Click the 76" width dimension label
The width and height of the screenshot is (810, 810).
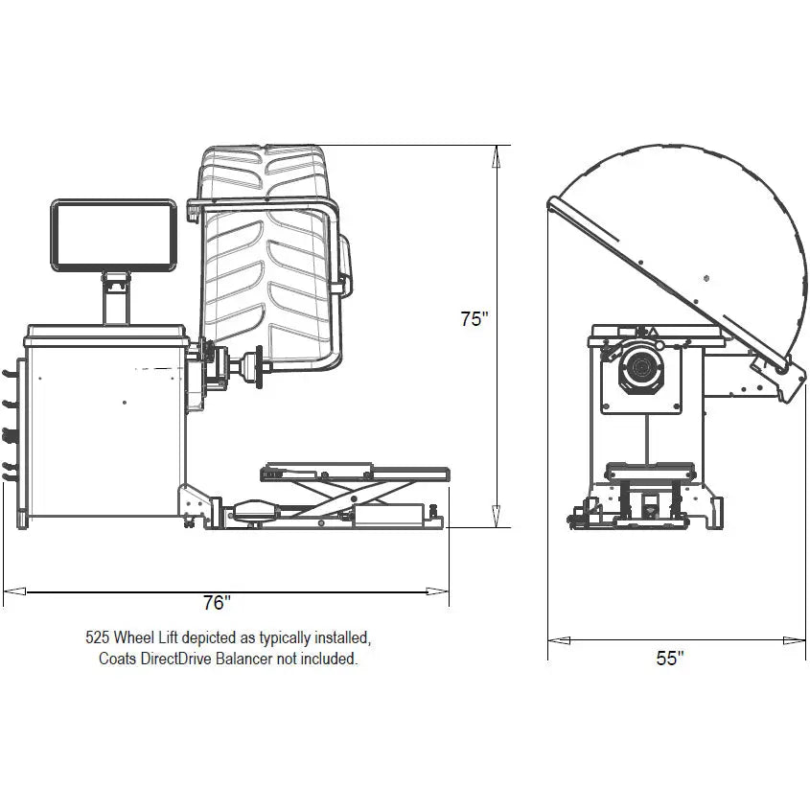218,603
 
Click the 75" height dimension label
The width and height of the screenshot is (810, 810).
474,319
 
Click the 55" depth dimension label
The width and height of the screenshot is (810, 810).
670,658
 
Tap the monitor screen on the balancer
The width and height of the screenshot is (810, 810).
113,235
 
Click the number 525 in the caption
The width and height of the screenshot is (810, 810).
98,636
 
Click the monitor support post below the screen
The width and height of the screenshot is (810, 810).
115,298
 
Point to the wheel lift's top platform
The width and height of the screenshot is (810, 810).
355,471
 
